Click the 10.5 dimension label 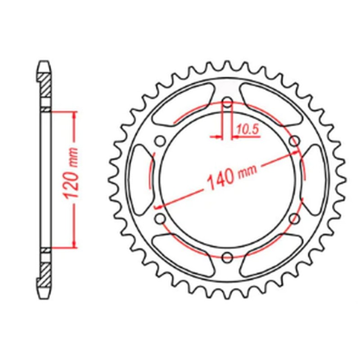point(247,130)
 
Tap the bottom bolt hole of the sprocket point(227,257)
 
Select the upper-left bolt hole point(159,141)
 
